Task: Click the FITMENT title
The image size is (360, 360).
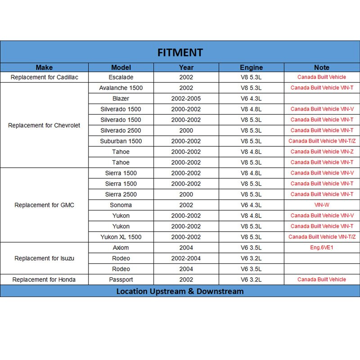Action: coord(180,52)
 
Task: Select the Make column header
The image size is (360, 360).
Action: coord(44,67)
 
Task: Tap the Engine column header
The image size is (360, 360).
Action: coord(251,67)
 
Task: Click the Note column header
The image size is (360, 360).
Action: coord(322,67)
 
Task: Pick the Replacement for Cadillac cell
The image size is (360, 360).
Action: coord(44,77)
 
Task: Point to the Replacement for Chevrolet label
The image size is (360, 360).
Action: coord(44,126)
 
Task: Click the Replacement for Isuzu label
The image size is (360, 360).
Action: coord(44,258)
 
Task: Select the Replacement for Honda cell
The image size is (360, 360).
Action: coord(44,280)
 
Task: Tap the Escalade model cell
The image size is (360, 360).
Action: coord(121,77)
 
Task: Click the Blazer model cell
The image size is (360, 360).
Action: coord(121,99)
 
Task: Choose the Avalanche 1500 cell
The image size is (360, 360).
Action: coord(121,88)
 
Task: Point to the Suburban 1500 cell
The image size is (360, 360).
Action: coord(121,141)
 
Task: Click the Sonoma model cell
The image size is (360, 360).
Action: coord(121,205)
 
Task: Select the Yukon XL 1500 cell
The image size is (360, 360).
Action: coord(121,237)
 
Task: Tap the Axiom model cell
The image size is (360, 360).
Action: coord(121,247)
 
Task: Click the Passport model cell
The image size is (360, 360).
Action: coord(121,280)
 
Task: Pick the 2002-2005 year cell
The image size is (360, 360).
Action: coord(186,99)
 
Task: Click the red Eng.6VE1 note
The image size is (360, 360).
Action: coord(322,247)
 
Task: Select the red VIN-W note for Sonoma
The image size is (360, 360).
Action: coord(322,205)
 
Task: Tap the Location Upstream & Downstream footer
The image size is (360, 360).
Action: coord(180,291)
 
